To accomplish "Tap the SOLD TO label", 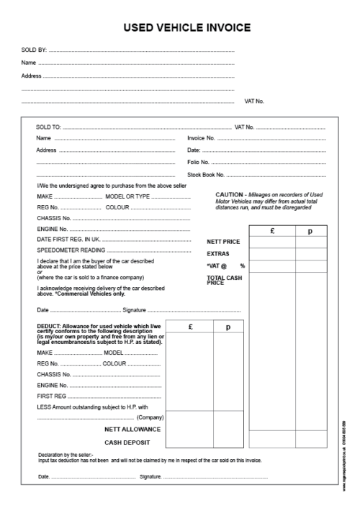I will click(49, 127).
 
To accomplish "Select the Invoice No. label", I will click(202, 138).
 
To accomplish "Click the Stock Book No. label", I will click(206, 175).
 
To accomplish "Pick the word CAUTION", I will click(249, 195).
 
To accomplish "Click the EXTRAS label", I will click(218, 254).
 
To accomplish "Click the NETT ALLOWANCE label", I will click(131, 429).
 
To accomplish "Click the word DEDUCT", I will click(48, 325).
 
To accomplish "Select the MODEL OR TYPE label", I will click(148, 196).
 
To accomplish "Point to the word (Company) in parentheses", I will click(150, 417).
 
